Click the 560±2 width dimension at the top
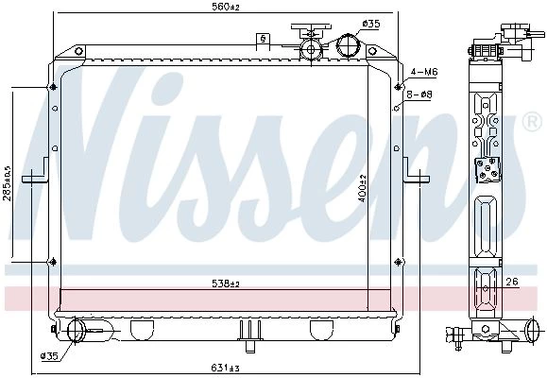click(x=226, y=7)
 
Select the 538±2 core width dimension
click(x=226, y=283)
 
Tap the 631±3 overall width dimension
click(x=226, y=368)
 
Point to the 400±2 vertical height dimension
click(x=363, y=189)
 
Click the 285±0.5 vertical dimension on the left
click(x=8, y=183)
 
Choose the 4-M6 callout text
click(x=424, y=72)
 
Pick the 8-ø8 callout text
click(x=419, y=94)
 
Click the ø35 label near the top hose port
click(x=371, y=24)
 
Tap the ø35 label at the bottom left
click(x=49, y=356)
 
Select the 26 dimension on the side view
click(x=512, y=282)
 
